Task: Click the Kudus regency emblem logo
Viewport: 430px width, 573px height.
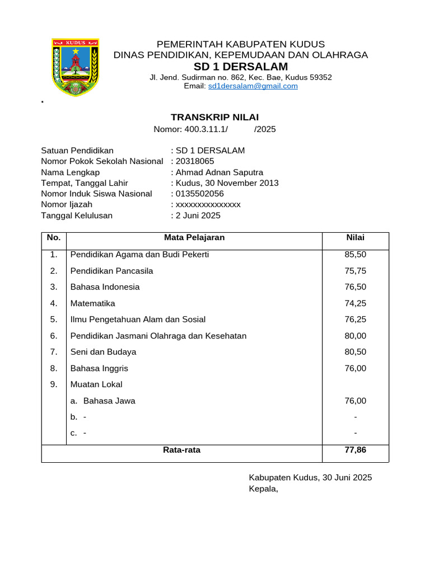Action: point(75,67)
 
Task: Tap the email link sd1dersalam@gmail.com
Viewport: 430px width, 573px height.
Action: point(253,86)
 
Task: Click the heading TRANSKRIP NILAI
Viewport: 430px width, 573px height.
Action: point(214,117)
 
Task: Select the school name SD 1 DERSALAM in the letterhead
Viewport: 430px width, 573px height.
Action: point(241,67)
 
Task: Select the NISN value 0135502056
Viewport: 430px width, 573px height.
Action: point(199,194)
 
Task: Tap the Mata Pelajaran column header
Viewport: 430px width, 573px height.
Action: point(194,237)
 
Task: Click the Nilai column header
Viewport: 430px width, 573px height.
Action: point(355,237)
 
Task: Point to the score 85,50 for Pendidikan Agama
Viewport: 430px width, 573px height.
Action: point(355,255)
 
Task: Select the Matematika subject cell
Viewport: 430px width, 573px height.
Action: point(92,303)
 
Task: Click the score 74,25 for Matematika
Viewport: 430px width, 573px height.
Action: point(355,303)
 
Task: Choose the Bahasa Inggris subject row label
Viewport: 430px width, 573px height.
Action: point(99,368)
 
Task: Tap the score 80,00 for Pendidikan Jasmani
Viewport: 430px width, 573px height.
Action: point(355,336)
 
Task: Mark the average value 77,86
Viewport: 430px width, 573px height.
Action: point(355,449)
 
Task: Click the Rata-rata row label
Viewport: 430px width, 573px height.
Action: point(181,449)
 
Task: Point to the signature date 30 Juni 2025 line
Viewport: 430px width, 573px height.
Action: point(310,477)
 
